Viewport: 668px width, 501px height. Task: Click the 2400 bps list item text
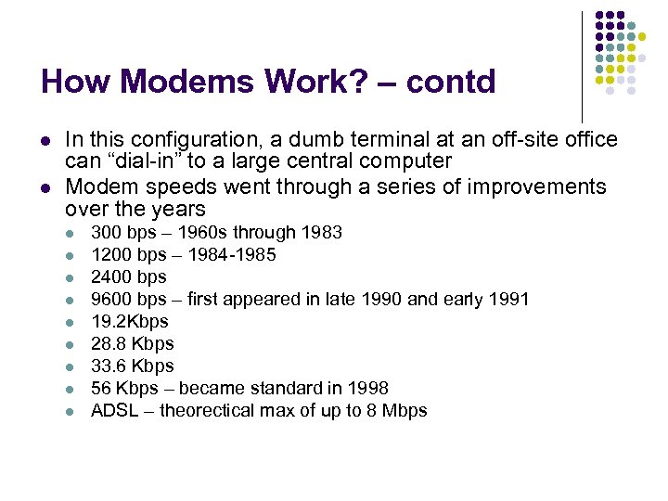(x=128, y=276)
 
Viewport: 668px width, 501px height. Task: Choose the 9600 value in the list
(x=109, y=299)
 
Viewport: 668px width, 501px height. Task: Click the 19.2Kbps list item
(x=130, y=321)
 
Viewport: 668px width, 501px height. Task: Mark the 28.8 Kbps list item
(x=133, y=343)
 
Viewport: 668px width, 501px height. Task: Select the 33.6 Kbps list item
(x=133, y=366)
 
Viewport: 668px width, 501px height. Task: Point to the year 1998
(x=370, y=388)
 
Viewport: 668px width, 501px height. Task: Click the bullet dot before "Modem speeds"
(x=45, y=187)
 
